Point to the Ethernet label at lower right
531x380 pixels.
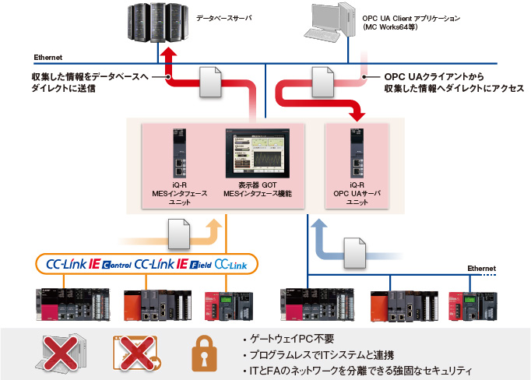(x=481, y=268)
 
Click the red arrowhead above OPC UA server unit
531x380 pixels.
(x=357, y=114)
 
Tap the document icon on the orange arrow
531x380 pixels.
(x=179, y=229)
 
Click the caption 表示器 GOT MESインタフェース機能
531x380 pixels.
(x=257, y=188)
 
